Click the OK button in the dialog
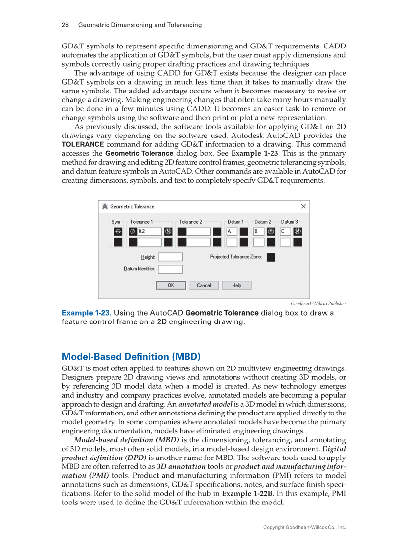171,285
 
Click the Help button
236,285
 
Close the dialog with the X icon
303,206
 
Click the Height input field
170,257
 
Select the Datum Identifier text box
170,269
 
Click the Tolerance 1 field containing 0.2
149,231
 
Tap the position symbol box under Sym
118,231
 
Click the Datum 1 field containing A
232,231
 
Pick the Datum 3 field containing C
285,231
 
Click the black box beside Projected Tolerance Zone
271,257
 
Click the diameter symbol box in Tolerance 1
133,231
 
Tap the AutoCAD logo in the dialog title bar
105,206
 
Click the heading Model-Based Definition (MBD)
131,357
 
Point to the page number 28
65,25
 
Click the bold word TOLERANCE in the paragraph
83,144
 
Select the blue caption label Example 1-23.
86,313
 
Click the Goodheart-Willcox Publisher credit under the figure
318,303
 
